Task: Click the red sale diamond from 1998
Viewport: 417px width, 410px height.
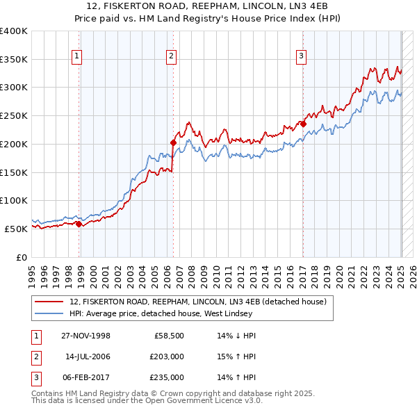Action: point(79,224)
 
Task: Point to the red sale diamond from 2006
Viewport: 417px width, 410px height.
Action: point(173,142)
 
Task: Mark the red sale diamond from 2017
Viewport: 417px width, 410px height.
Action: point(303,124)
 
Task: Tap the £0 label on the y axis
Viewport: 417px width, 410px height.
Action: point(22,257)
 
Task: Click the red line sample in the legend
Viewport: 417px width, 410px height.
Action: point(50,302)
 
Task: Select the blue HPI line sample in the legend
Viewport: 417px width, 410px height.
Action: point(50,313)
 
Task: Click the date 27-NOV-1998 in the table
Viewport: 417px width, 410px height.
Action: point(86,336)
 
